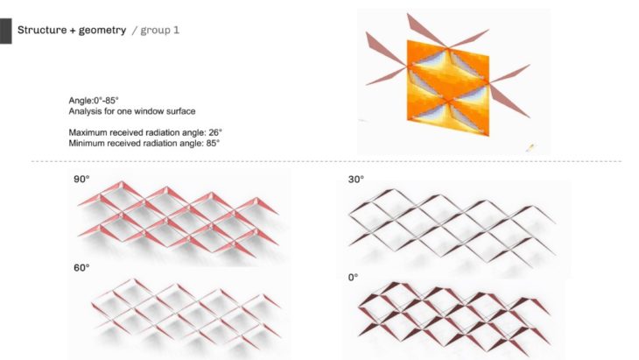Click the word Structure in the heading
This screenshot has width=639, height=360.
[x=42, y=30]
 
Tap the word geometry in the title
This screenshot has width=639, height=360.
[x=102, y=30]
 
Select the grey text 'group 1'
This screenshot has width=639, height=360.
[x=159, y=31]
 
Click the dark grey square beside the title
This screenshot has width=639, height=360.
[x=6, y=31]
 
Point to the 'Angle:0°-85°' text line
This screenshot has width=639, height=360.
[x=94, y=101]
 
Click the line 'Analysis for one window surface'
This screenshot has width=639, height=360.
[x=132, y=111]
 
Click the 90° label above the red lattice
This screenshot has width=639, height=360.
[x=81, y=179]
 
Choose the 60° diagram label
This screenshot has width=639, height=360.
[x=81, y=268]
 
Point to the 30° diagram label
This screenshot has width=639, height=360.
[x=355, y=179]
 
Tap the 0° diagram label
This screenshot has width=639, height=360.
[x=353, y=278]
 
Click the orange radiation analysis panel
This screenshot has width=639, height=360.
[x=448, y=88]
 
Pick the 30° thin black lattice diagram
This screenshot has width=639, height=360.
[x=452, y=223]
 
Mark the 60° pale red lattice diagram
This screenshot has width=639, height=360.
[x=186, y=314]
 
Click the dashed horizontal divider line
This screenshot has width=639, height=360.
[x=326, y=161]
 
